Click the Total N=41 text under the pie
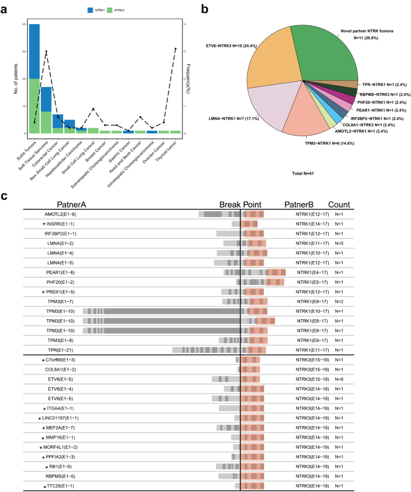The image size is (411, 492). click(298, 173)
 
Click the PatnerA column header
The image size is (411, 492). click(71, 204)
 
